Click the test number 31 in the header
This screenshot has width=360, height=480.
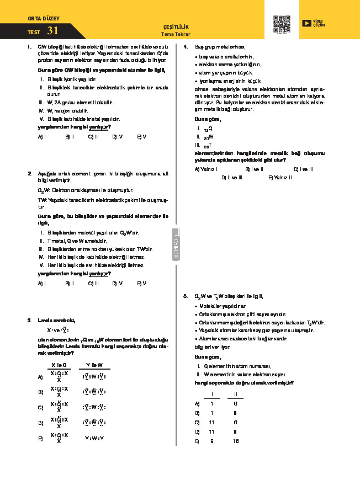tap(53, 31)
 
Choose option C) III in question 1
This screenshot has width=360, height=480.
tap(93, 135)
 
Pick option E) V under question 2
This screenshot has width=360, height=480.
tap(142, 283)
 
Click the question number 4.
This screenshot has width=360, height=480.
tap(185, 47)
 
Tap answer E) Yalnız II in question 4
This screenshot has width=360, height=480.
tap(279, 177)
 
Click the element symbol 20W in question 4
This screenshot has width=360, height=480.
tap(208, 137)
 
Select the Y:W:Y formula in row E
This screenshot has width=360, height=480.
tap(94, 439)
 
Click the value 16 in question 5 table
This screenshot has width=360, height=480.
tap(236, 441)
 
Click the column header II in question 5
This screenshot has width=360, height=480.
tap(236, 394)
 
